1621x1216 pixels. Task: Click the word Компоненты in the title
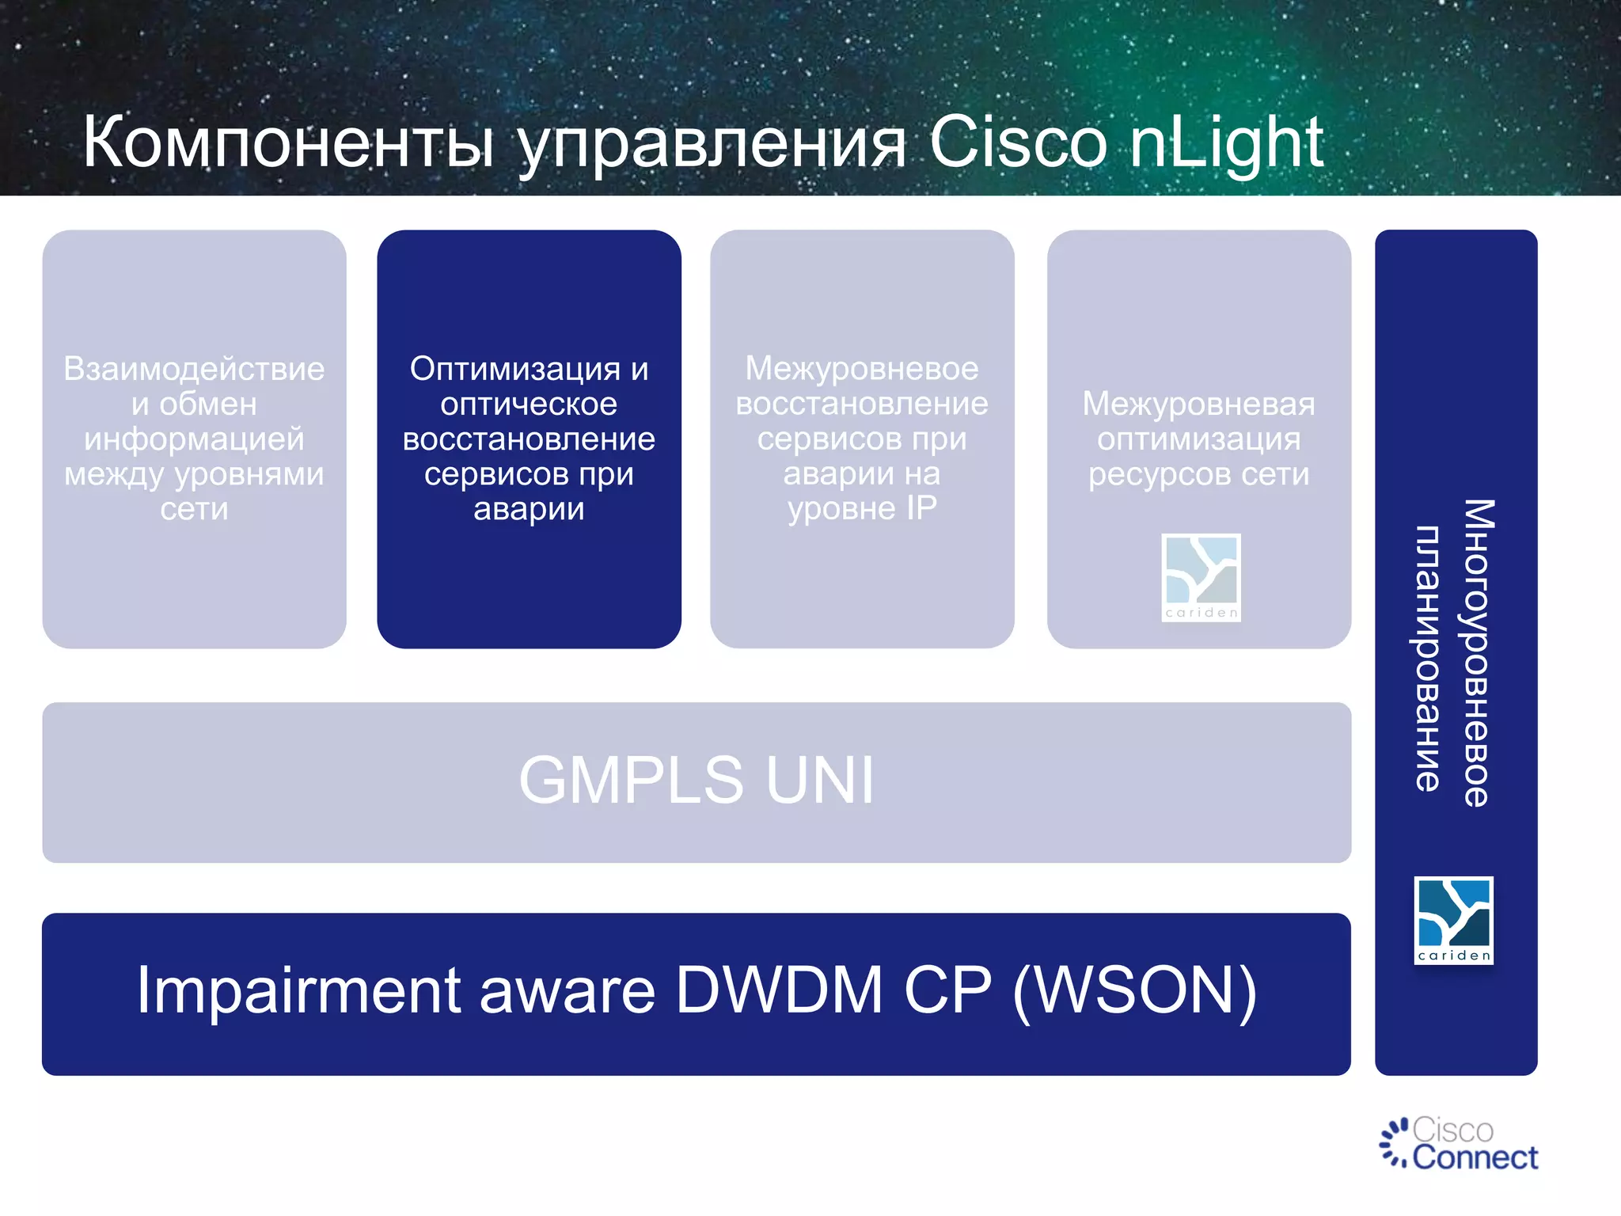(289, 142)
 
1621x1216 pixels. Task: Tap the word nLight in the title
(1226, 142)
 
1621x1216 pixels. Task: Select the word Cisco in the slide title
(1017, 142)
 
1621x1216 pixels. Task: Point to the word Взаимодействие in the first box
(194, 369)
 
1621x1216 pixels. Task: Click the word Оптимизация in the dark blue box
(514, 369)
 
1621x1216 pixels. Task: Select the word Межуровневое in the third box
(862, 369)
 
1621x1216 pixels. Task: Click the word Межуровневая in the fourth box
(1198, 404)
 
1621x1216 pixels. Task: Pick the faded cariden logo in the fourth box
(1201, 577)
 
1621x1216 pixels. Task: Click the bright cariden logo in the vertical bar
(1453, 920)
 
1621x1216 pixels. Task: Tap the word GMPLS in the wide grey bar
(631, 781)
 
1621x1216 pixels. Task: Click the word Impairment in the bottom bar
(299, 990)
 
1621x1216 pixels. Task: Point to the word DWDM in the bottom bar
(779, 990)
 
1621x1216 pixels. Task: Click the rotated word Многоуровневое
(1477, 653)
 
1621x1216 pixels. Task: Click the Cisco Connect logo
(1458, 1143)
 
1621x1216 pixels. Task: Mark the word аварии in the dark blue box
(529, 509)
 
